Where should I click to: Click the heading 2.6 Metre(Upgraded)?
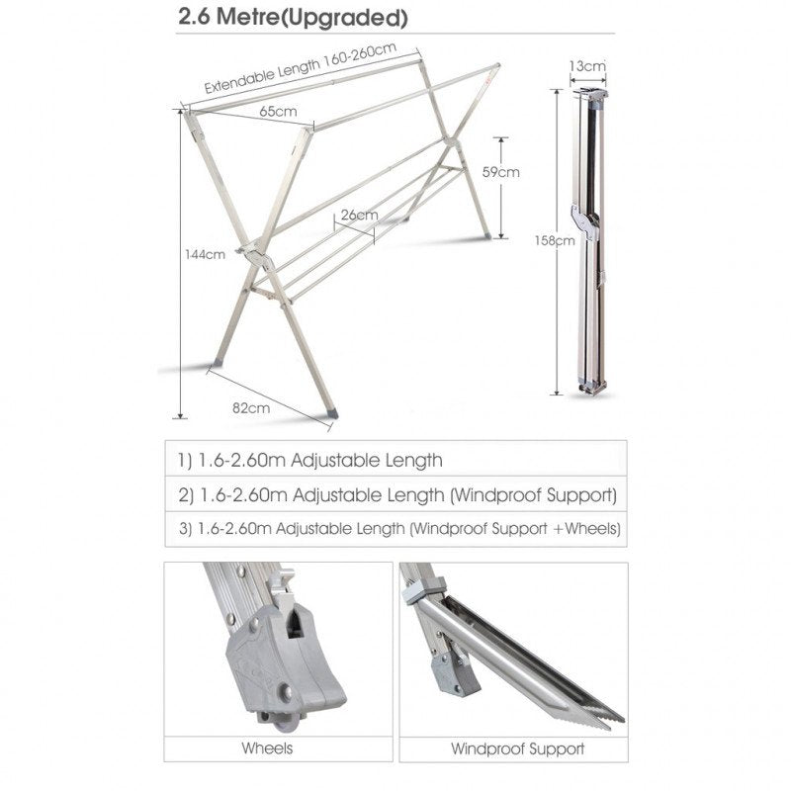pyautogui.click(x=280, y=18)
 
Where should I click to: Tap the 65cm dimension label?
pyautogui.click(x=278, y=112)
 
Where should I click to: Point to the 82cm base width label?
pyautogui.click(x=251, y=406)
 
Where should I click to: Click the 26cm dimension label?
pyautogui.click(x=358, y=215)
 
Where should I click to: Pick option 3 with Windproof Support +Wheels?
pyautogui.click(x=399, y=529)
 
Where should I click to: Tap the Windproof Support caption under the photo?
pyautogui.click(x=517, y=749)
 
